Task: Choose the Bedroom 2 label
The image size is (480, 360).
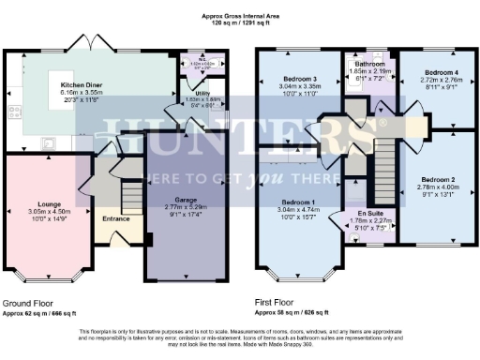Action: [436, 178]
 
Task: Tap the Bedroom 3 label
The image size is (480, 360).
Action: [299, 80]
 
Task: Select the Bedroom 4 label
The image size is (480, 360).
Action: [439, 72]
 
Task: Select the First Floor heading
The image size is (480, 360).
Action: [279, 304]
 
